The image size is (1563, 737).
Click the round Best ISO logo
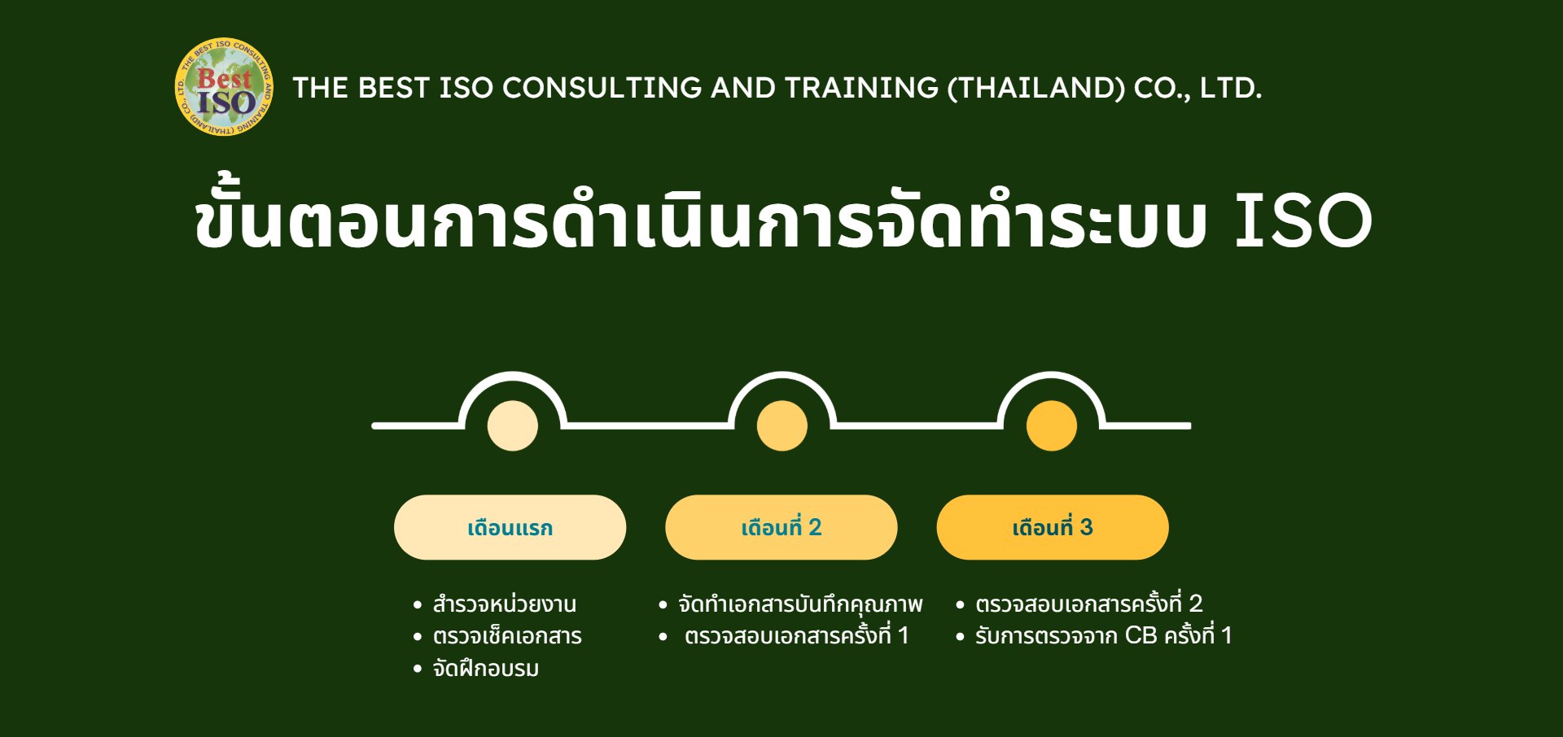(x=224, y=86)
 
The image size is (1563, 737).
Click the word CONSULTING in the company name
(x=602, y=88)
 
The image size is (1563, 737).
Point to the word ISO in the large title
(x=1303, y=220)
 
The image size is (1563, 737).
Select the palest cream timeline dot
(x=513, y=425)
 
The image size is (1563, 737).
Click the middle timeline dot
(x=782, y=425)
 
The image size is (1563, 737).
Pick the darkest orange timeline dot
(x=1052, y=425)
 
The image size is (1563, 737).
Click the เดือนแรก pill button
(x=510, y=527)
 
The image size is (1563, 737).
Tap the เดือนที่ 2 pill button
(x=781, y=527)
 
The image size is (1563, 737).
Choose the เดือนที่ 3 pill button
(x=1053, y=527)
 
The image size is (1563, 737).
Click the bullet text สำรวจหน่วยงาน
(x=505, y=604)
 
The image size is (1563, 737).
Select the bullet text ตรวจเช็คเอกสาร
(x=507, y=636)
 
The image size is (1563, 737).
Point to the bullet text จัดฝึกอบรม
(x=486, y=669)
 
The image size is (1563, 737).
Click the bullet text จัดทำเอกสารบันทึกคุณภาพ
(x=801, y=604)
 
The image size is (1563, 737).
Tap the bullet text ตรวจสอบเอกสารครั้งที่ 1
(x=797, y=635)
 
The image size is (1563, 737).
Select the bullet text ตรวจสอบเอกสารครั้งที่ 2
(x=1089, y=604)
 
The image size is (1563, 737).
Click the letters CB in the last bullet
(x=1141, y=635)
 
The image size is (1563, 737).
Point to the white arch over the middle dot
(x=782, y=376)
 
